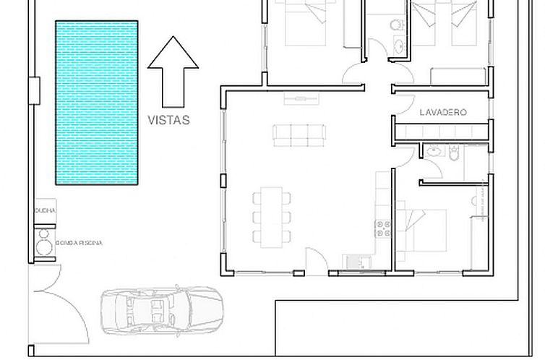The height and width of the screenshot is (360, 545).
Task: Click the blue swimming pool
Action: point(98,102)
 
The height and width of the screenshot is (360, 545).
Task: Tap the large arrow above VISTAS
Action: point(173,72)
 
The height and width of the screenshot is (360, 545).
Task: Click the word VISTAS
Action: point(168,121)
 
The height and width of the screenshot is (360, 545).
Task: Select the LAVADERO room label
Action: point(442,113)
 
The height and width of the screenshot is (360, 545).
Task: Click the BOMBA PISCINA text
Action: point(79,244)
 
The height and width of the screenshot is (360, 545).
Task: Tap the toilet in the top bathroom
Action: point(395,25)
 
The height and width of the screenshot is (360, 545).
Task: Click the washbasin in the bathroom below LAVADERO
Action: point(433,151)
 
